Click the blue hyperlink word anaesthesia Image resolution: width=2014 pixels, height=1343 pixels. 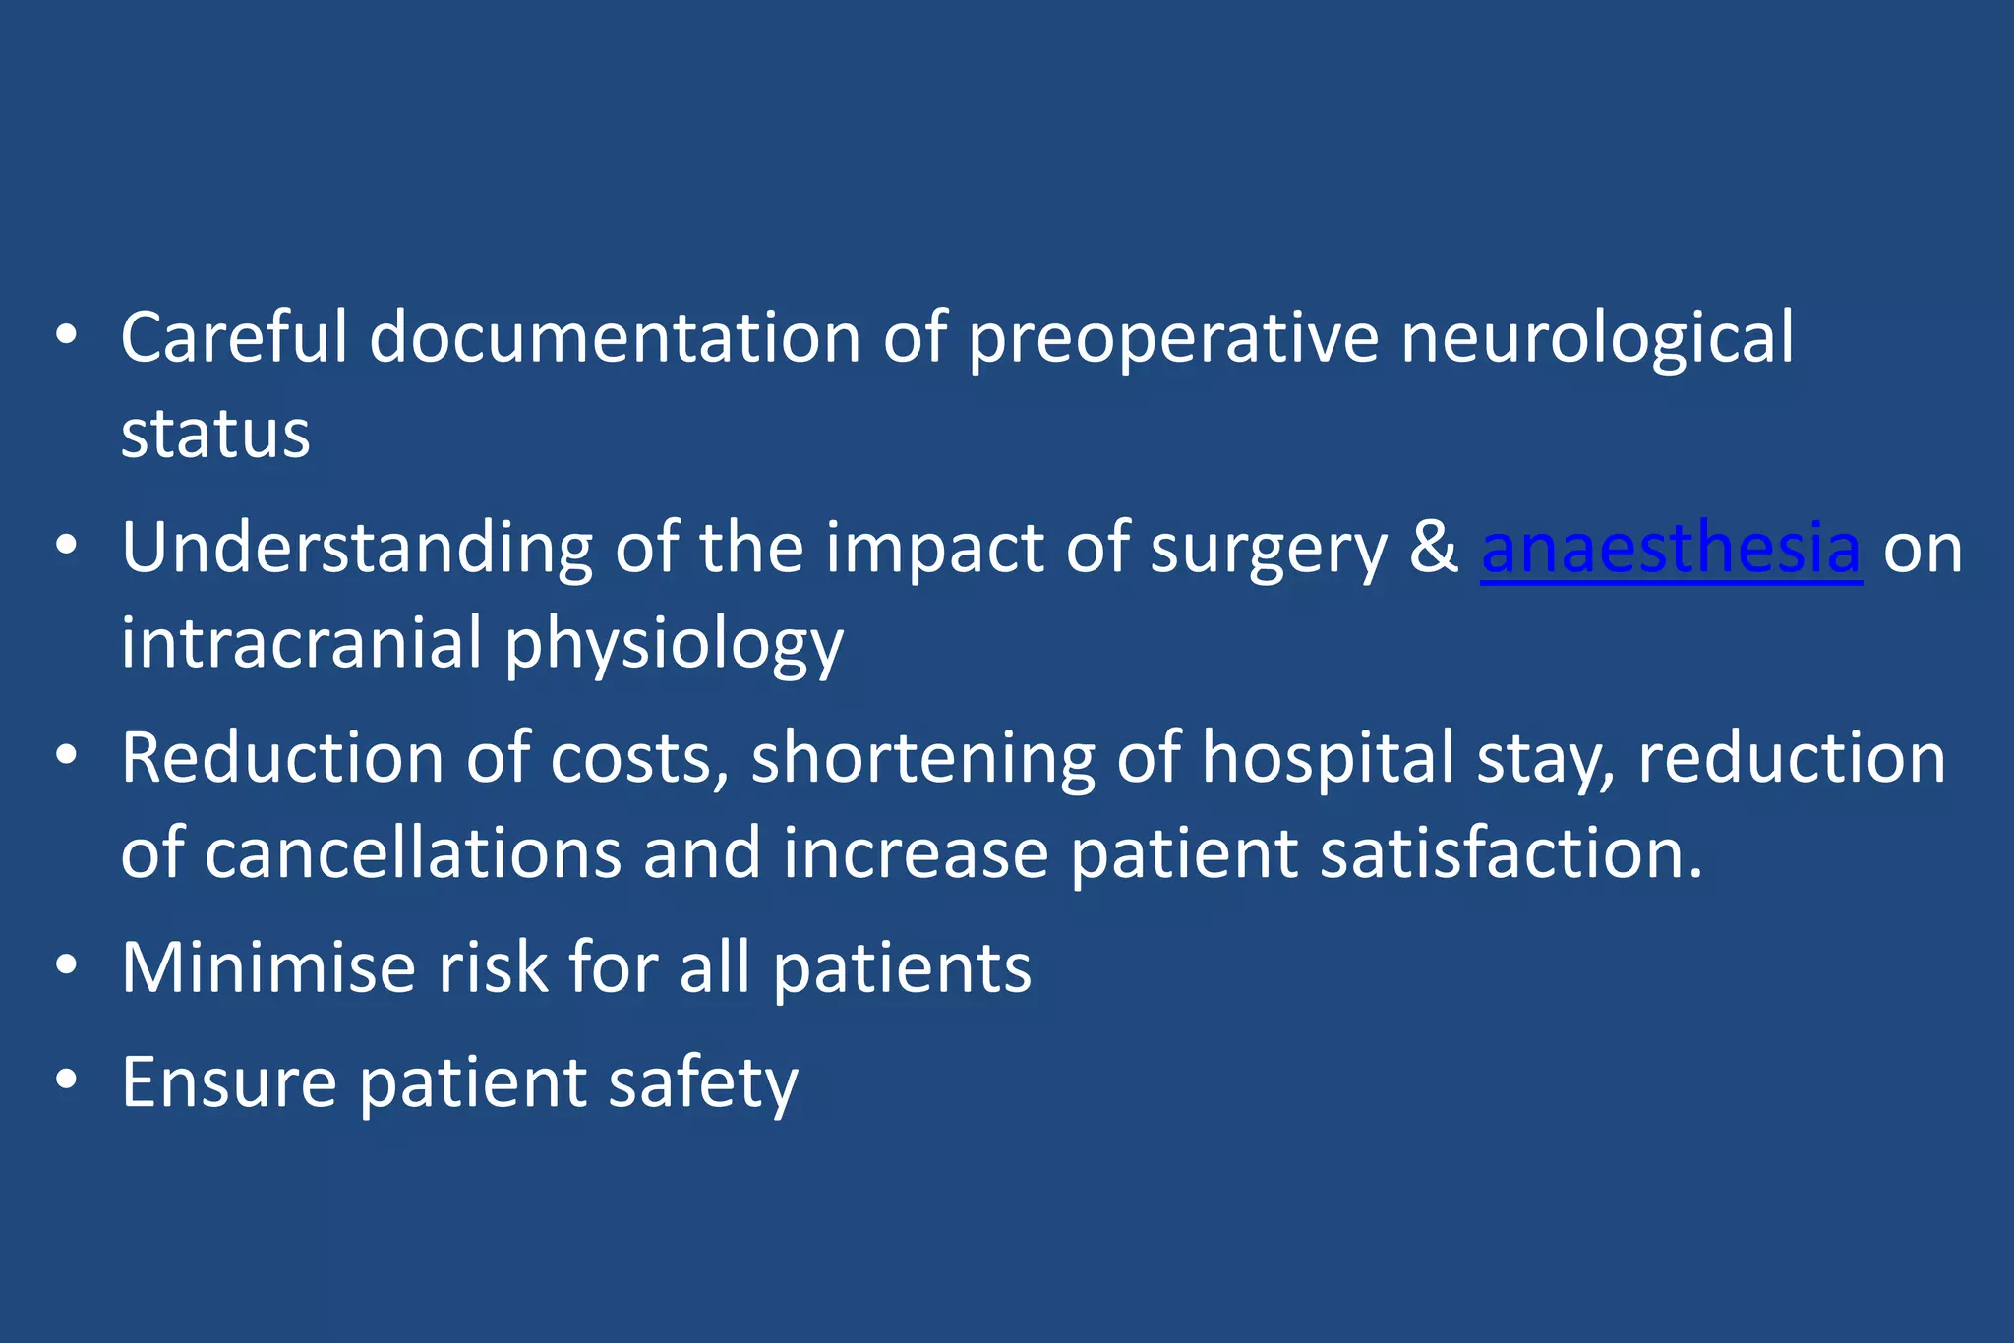[x=1671, y=549]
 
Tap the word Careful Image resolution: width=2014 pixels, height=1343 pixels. [x=234, y=338]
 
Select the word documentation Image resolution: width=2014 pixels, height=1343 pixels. [x=616, y=338]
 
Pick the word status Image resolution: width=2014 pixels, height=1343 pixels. [x=215, y=434]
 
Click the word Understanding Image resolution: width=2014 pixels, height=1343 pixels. [x=357, y=549]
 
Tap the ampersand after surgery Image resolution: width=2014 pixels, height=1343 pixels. [x=1433, y=549]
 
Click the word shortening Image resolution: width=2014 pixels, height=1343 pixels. [x=922, y=759]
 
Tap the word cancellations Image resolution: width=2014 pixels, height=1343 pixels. [x=413, y=853]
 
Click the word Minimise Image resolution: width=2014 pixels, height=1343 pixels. [x=268, y=968]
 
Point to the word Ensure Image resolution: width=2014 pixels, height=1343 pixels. [x=229, y=1082]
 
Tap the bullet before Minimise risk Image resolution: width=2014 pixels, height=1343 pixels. [x=66, y=965]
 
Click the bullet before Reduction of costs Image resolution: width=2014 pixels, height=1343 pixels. [x=66, y=756]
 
